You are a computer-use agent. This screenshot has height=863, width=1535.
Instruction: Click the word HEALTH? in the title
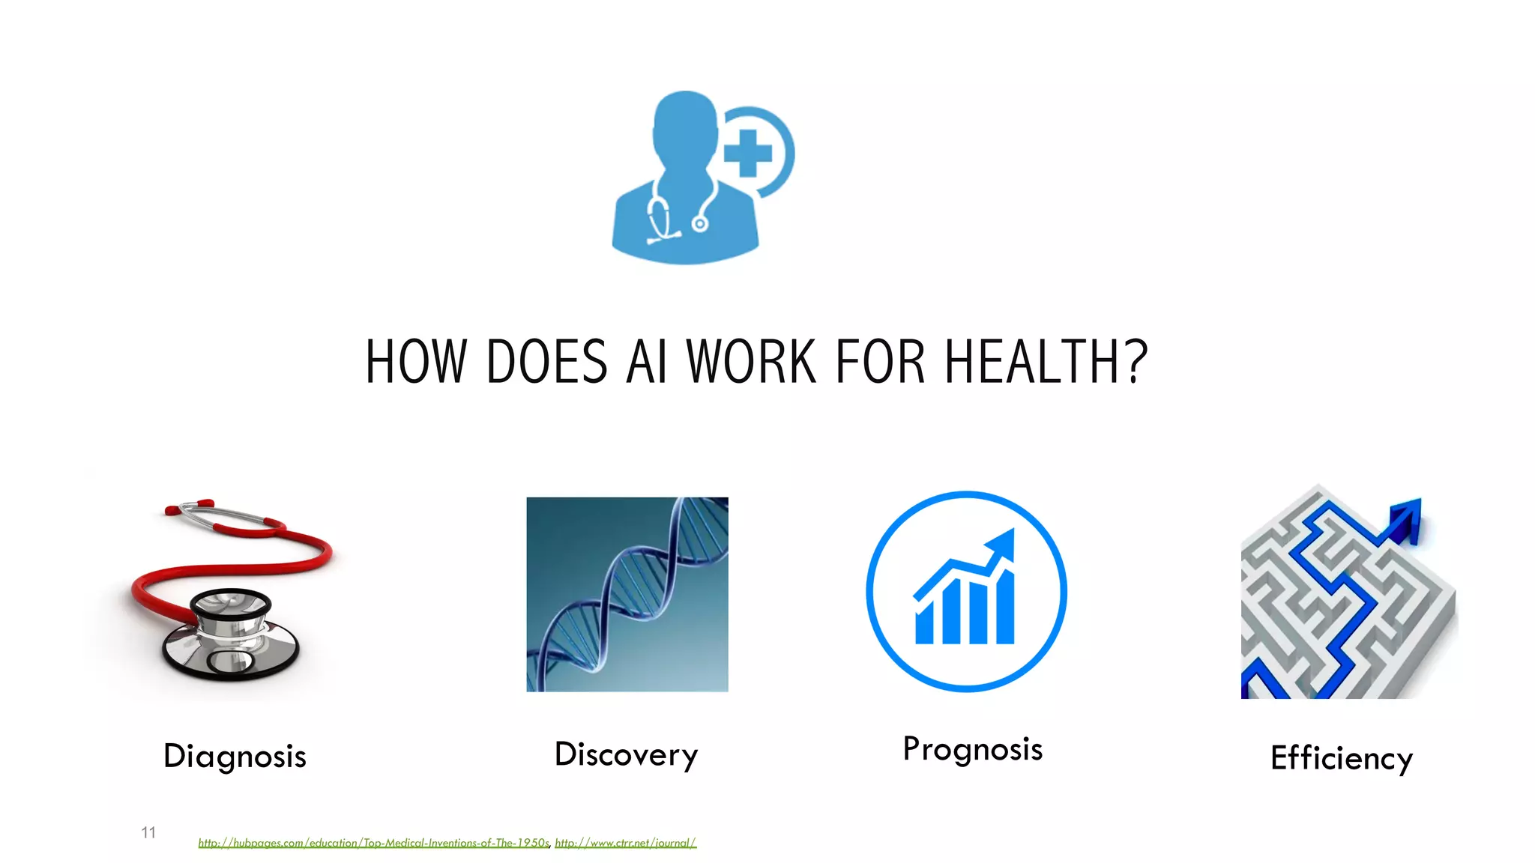1046,362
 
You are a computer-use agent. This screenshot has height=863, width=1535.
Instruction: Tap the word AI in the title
646,362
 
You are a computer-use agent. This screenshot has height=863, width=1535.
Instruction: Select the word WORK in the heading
751,362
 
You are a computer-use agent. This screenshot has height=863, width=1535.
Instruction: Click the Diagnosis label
235,757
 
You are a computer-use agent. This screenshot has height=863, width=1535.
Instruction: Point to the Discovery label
626,754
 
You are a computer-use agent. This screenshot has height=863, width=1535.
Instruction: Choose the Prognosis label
972,749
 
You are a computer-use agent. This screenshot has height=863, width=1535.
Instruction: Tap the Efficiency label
1341,758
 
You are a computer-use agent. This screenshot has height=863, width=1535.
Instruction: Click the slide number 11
148,832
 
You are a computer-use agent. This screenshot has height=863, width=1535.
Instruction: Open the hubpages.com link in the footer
373,843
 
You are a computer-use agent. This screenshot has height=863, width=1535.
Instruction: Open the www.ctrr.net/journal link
625,843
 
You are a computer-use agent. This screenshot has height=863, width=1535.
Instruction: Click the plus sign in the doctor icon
747,154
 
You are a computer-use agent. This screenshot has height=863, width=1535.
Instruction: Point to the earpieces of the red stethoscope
187,507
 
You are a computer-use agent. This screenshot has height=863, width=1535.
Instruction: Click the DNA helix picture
627,594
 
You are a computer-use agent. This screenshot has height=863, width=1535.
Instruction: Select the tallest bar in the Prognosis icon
1004,607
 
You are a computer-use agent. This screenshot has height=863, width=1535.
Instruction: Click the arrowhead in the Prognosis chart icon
1003,542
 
